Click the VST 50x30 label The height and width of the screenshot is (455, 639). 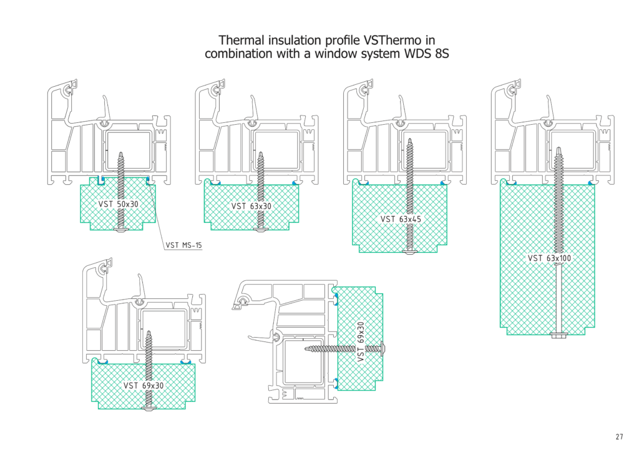tap(119, 204)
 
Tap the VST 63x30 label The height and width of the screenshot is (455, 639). tap(251, 206)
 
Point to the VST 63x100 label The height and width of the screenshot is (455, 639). tap(550, 258)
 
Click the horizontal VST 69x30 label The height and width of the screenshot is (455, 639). tap(144, 386)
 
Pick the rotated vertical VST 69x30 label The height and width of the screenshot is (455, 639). tap(361, 342)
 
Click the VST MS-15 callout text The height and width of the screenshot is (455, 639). tap(184, 245)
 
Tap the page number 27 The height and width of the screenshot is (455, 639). tap(618, 437)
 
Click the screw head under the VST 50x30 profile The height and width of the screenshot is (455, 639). tap(121, 230)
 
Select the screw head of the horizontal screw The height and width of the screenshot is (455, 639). tap(382, 346)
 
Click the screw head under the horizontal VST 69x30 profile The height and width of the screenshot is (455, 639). tap(150, 408)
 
